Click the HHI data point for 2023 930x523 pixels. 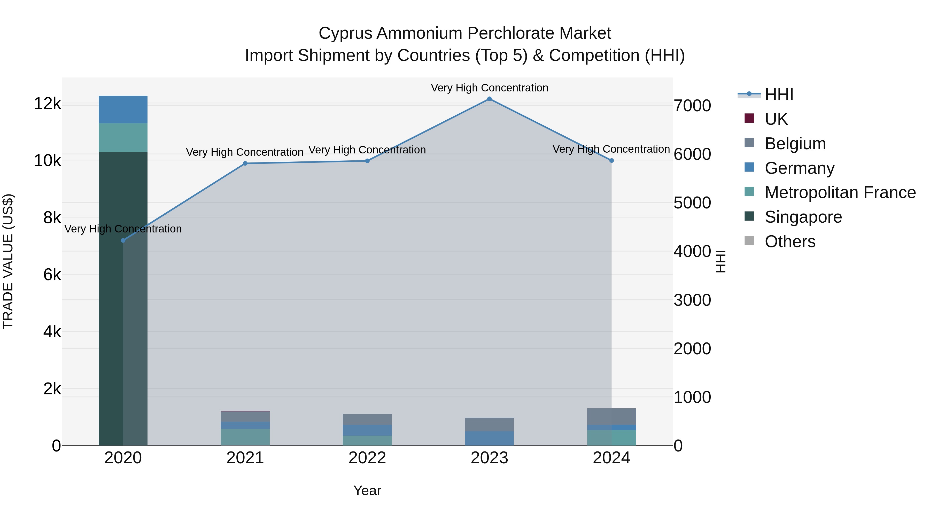(x=489, y=99)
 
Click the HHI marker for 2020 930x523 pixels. (x=123, y=240)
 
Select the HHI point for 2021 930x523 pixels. (x=245, y=163)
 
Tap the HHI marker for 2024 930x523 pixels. (x=611, y=161)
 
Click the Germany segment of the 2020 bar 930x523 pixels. (x=123, y=110)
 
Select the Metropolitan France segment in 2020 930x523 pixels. (x=123, y=137)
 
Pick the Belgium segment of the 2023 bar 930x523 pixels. (x=489, y=424)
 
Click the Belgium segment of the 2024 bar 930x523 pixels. (x=611, y=417)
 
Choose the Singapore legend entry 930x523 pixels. (x=803, y=217)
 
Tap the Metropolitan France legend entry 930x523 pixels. (x=840, y=192)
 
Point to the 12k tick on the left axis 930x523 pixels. (x=47, y=104)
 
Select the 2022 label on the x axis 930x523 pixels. (x=367, y=458)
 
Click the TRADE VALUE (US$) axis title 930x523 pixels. (x=8, y=261)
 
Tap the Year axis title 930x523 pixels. (x=367, y=490)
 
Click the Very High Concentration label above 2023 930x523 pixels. (x=489, y=88)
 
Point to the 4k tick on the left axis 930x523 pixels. (x=52, y=332)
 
